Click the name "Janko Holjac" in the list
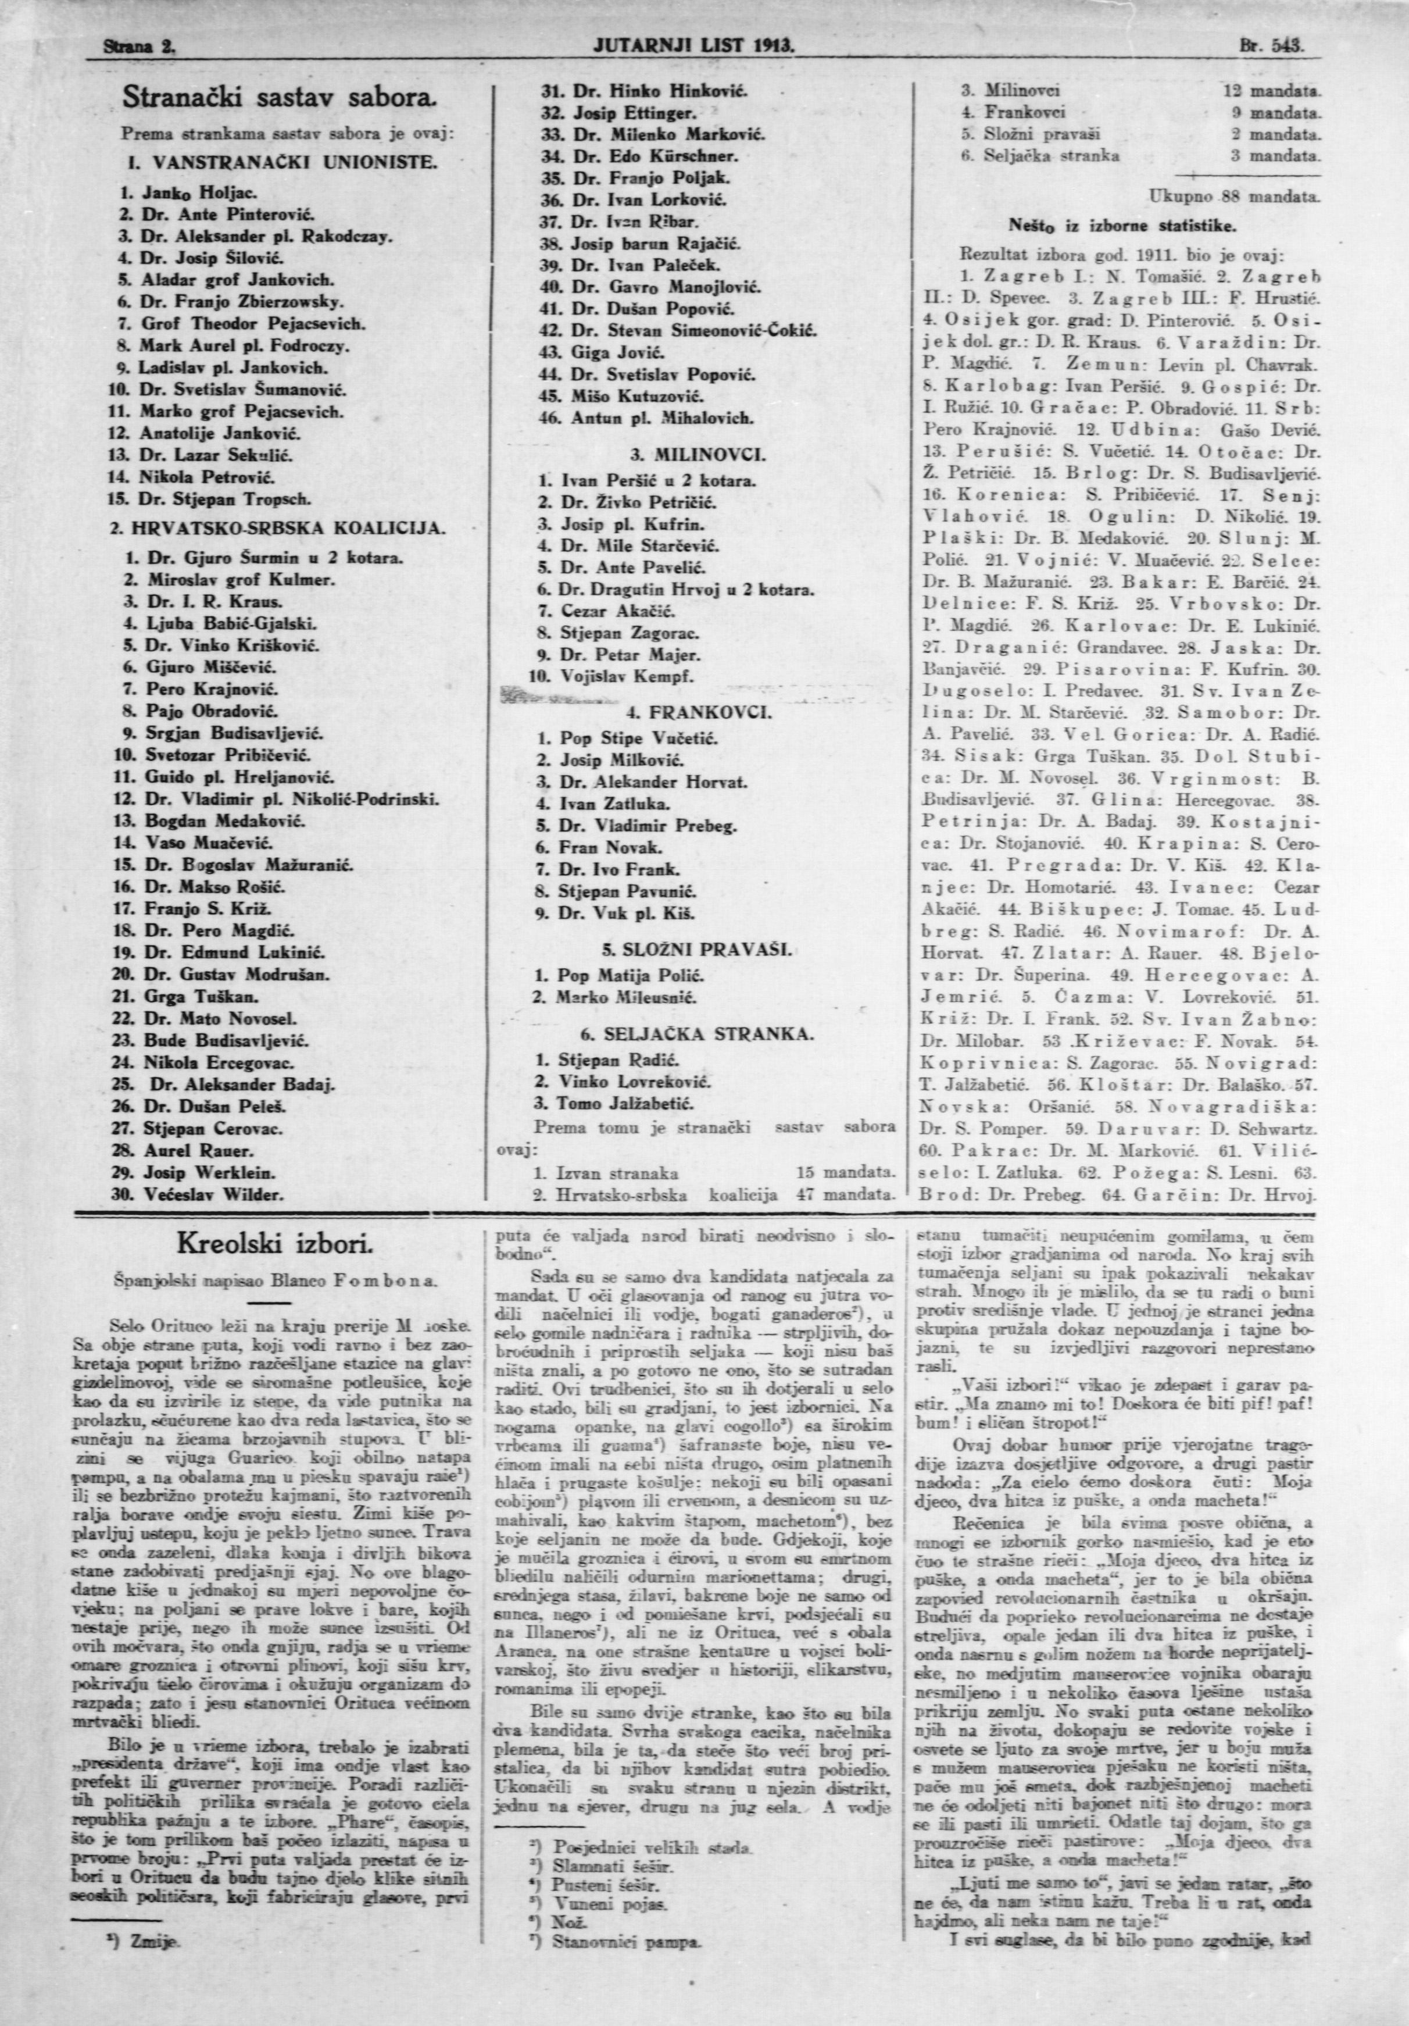pyautogui.click(x=185, y=191)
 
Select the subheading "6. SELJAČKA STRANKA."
pyautogui.click(x=697, y=1033)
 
